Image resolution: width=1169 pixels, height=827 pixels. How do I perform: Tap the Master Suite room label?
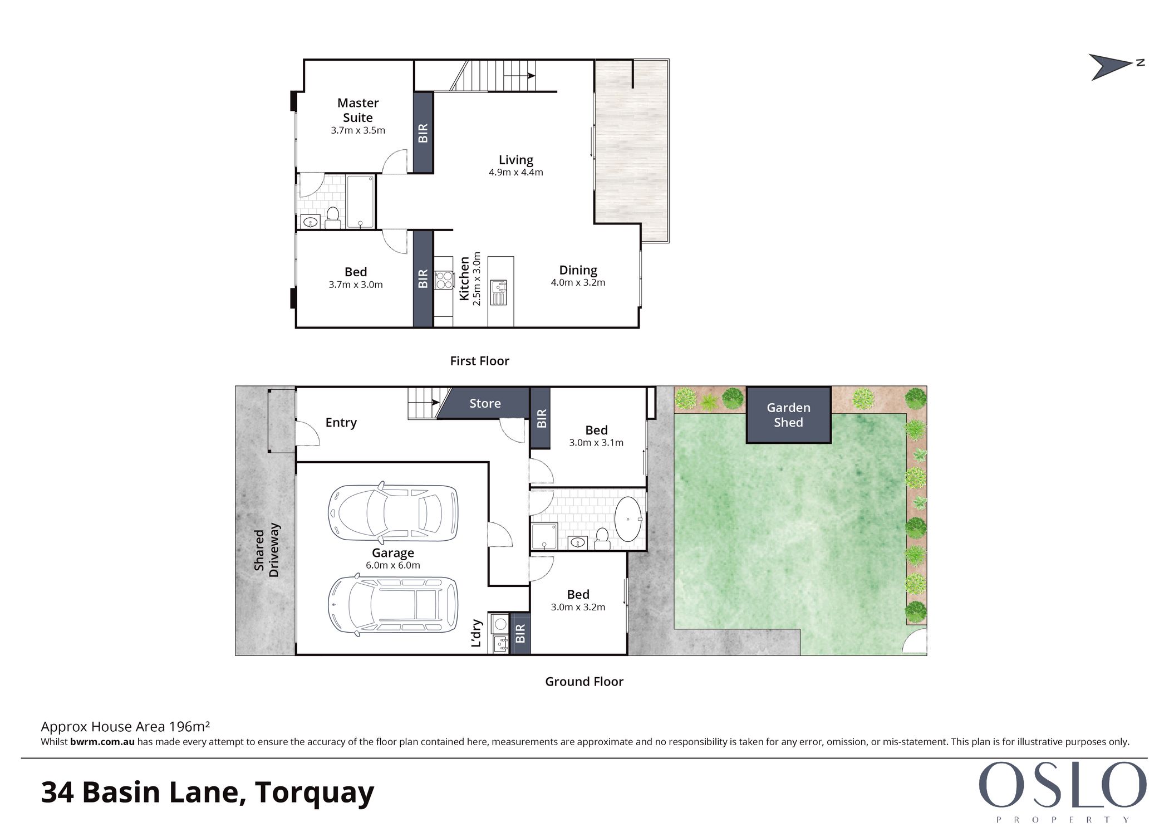pyautogui.click(x=358, y=110)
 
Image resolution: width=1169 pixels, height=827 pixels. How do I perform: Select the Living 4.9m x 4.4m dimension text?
pyautogui.click(x=516, y=173)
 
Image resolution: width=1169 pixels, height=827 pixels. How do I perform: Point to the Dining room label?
pyautogui.click(x=578, y=270)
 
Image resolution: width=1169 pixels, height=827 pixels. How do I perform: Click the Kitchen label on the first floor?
pyautogui.click(x=464, y=278)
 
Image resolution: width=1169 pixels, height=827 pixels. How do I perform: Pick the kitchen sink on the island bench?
pyautogui.click(x=499, y=292)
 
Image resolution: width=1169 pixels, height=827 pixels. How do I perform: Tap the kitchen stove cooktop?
pyautogui.click(x=444, y=280)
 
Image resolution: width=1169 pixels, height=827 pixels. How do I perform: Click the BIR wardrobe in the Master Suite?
pyautogui.click(x=423, y=133)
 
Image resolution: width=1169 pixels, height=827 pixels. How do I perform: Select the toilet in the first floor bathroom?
pyautogui.click(x=333, y=218)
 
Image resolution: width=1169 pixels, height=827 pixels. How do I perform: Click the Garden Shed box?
pyautogui.click(x=788, y=415)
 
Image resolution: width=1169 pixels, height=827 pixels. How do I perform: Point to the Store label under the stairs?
pyautogui.click(x=485, y=404)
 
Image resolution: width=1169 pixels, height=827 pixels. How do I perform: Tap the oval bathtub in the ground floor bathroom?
pyautogui.click(x=628, y=520)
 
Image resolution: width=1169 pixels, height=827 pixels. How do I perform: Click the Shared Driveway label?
pyautogui.click(x=267, y=550)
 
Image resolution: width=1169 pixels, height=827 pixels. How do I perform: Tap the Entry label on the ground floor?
pyautogui.click(x=341, y=423)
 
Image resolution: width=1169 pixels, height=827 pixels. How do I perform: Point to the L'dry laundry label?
pyautogui.click(x=477, y=633)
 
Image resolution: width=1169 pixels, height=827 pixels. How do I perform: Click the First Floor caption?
pyautogui.click(x=480, y=361)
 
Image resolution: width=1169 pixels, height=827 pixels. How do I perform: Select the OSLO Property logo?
pyautogui.click(x=1063, y=791)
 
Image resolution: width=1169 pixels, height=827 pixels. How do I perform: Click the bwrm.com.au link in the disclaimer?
pyautogui.click(x=102, y=742)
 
